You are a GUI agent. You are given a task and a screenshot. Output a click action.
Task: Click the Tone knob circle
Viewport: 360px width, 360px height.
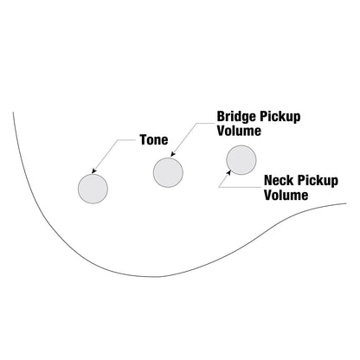[93, 189]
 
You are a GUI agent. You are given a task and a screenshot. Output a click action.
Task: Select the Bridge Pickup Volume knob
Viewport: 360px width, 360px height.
[168, 172]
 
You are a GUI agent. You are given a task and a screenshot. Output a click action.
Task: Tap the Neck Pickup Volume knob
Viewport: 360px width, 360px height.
[241, 160]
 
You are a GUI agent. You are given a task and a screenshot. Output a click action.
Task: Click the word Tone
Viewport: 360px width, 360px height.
[154, 140]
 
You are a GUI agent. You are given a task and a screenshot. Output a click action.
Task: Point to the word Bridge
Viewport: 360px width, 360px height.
[236, 117]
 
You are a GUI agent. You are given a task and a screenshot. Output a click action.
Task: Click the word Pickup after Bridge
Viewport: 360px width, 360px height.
[280, 118]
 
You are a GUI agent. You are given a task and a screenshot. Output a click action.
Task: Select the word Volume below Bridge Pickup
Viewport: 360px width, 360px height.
[239, 131]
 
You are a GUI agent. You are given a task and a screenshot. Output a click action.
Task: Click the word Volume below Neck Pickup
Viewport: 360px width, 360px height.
[286, 195]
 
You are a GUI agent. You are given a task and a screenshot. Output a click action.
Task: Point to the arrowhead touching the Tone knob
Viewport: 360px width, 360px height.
[93, 171]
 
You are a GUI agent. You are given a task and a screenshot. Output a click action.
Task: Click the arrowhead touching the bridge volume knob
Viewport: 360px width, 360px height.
[172, 155]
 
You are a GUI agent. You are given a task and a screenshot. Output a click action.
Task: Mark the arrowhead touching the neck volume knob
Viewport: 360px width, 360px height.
[229, 172]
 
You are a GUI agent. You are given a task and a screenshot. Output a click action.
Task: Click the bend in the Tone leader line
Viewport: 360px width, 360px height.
[118, 140]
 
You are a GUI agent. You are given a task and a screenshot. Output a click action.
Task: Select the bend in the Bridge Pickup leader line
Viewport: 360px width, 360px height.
[196, 123]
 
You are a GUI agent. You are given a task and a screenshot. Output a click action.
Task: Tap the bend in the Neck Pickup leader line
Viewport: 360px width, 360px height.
[219, 187]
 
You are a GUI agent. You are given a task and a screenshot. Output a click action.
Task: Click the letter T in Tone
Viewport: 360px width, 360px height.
[144, 140]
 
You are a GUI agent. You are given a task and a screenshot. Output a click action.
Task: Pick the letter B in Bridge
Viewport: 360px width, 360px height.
[221, 116]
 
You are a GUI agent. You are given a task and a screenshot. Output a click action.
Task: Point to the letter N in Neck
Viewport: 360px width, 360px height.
[268, 180]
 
